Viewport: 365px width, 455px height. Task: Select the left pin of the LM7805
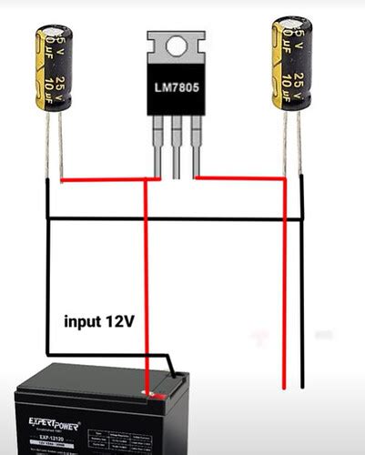tap(162, 146)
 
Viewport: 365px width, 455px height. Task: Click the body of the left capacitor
tap(54, 68)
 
